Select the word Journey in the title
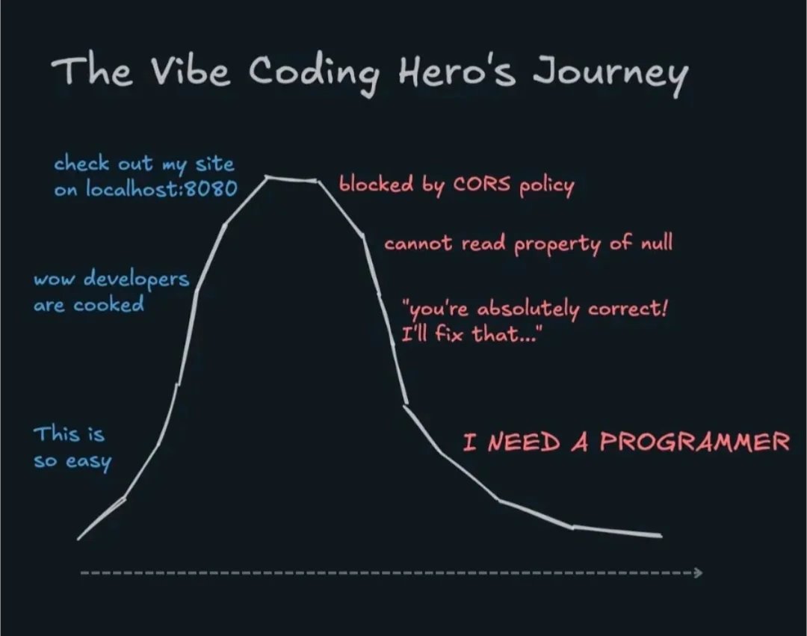(x=610, y=75)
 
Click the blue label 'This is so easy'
(x=70, y=447)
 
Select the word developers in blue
(x=135, y=280)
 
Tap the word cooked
(x=108, y=305)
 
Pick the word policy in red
(x=546, y=186)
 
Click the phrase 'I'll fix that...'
(x=471, y=334)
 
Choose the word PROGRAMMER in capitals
(x=695, y=442)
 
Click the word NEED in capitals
(x=524, y=442)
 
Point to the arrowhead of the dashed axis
(x=698, y=572)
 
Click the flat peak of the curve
(x=292, y=179)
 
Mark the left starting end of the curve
(x=79, y=537)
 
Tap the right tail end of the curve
(x=660, y=535)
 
